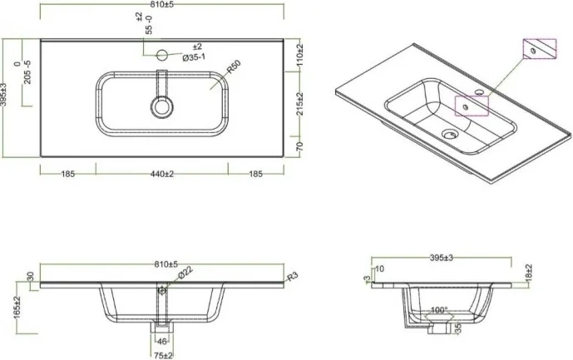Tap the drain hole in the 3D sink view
click(450, 131)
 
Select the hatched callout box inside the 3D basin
click(468, 106)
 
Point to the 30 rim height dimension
click(31, 277)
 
